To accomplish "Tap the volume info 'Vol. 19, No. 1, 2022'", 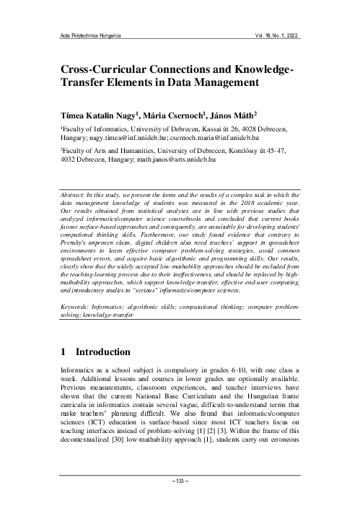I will tap(271, 35).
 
